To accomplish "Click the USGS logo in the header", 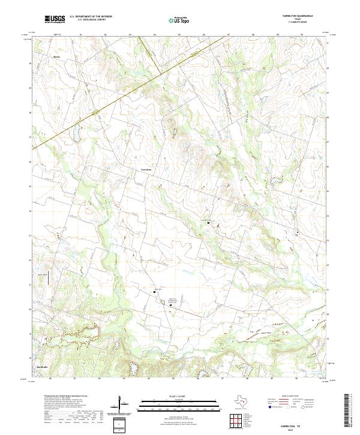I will (55, 19).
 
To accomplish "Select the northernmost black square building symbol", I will (209, 223).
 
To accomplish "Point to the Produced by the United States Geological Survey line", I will (66, 396).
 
